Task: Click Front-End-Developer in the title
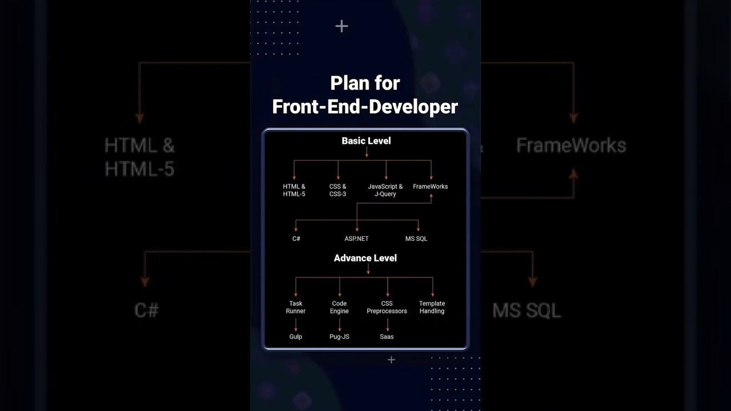click(365, 106)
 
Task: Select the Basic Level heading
click(366, 140)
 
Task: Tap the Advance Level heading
click(365, 258)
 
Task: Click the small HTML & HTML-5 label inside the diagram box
click(294, 190)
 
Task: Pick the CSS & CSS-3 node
click(338, 190)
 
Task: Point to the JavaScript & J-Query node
click(385, 190)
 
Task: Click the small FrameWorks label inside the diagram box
click(430, 187)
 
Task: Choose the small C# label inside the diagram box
click(296, 239)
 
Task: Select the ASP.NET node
click(356, 239)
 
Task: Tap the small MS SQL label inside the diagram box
click(416, 239)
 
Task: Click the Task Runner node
click(296, 307)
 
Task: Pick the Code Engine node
click(339, 307)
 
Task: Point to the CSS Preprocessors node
click(387, 307)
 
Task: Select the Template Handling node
click(432, 307)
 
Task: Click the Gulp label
click(295, 337)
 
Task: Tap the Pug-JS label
click(339, 337)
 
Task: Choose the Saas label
click(387, 337)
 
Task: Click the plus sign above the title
click(342, 26)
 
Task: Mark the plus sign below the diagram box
click(391, 360)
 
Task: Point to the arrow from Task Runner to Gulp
click(296, 325)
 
